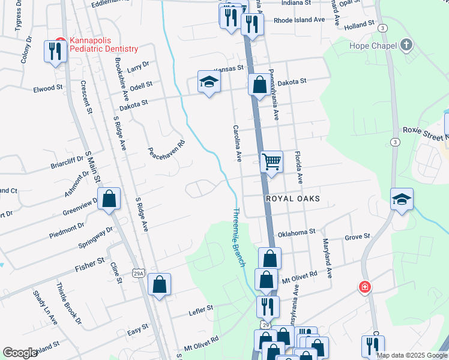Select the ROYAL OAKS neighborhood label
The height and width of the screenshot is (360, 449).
point(292,199)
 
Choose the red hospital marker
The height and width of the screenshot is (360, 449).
point(364,287)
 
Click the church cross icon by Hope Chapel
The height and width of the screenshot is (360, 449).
point(406,46)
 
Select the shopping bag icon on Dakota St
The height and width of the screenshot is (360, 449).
point(260,84)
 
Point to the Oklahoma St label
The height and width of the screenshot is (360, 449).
point(296,232)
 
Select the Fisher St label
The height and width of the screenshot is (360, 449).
point(90,265)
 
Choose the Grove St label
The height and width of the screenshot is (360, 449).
point(358,238)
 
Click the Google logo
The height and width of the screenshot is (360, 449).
point(20,353)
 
